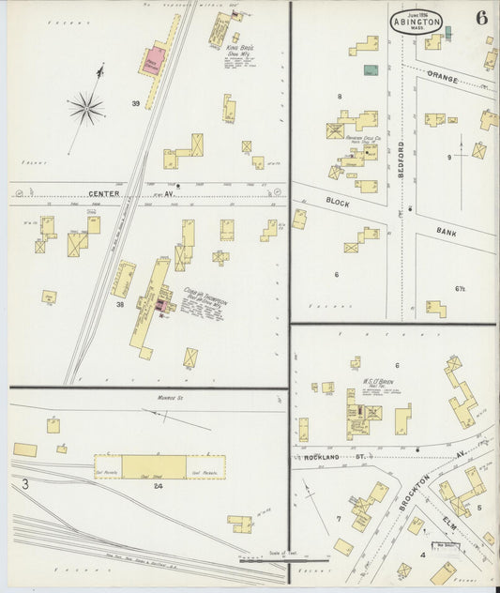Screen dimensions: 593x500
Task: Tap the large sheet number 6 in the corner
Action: pos(481,18)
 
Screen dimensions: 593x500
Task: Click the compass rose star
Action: pos(86,109)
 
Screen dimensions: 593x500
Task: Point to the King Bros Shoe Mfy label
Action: pos(241,49)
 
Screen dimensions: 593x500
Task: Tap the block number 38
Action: pos(120,304)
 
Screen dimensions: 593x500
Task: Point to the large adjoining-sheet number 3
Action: pos(26,483)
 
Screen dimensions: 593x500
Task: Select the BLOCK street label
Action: pos(338,202)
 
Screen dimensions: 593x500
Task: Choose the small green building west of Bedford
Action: pos(371,69)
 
